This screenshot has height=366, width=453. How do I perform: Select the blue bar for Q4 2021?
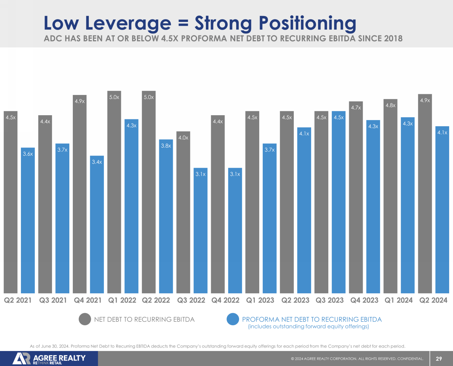(97, 226)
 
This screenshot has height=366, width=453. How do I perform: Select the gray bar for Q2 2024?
(425, 195)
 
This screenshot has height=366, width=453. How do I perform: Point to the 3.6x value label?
(28, 154)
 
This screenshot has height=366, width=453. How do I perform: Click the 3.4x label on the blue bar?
(97, 162)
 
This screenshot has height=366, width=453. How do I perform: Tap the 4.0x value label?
(183, 138)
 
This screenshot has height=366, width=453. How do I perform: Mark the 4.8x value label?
(390, 105)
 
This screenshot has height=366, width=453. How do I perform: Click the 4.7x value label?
(356, 108)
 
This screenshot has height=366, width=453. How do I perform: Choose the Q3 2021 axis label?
(53, 300)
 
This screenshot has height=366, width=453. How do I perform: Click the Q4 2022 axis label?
(225, 300)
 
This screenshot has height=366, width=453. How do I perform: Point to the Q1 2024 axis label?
(399, 300)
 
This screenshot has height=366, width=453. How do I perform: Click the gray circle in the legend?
(85, 319)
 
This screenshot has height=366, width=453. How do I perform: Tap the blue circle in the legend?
(233, 319)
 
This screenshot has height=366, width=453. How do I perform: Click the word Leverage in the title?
(128, 23)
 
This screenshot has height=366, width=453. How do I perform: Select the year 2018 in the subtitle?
(393, 38)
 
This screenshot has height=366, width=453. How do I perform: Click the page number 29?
(439, 359)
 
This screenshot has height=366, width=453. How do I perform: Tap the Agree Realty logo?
(49, 359)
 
